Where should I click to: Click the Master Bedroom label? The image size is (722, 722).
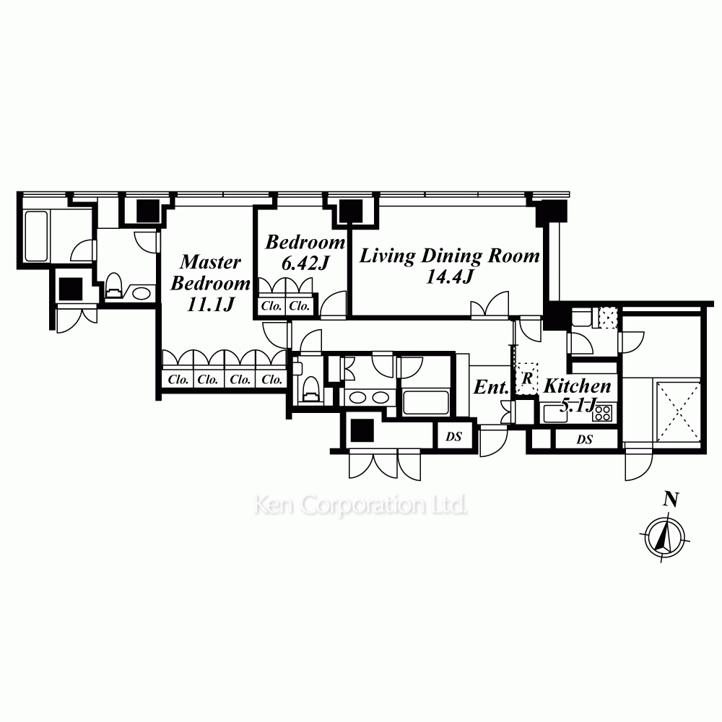pyautogui.click(x=210, y=272)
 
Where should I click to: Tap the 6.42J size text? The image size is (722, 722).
pyautogui.click(x=305, y=263)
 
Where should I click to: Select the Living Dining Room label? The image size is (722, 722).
pyautogui.click(x=449, y=256)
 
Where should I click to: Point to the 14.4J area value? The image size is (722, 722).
pyautogui.click(x=449, y=277)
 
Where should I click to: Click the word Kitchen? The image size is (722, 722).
pyautogui.click(x=577, y=386)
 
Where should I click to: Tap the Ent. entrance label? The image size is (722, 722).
pyautogui.click(x=491, y=387)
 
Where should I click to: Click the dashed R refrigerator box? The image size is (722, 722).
pyautogui.click(x=527, y=378)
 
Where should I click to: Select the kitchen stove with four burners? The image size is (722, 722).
pyautogui.click(x=602, y=413)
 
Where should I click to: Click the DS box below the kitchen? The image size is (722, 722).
pyautogui.click(x=586, y=439)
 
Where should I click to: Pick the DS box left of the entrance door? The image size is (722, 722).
pyautogui.click(x=454, y=435)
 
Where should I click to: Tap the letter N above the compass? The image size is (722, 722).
pyautogui.click(x=671, y=499)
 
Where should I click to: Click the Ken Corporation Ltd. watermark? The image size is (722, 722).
pyautogui.click(x=360, y=505)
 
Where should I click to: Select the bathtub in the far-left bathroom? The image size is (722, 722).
pyautogui.click(x=36, y=236)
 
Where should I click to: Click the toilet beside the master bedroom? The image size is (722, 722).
pyautogui.click(x=113, y=287)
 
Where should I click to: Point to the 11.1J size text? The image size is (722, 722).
pyautogui.click(x=210, y=304)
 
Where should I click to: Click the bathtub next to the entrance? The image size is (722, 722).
pyautogui.click(x=426, y=402)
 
